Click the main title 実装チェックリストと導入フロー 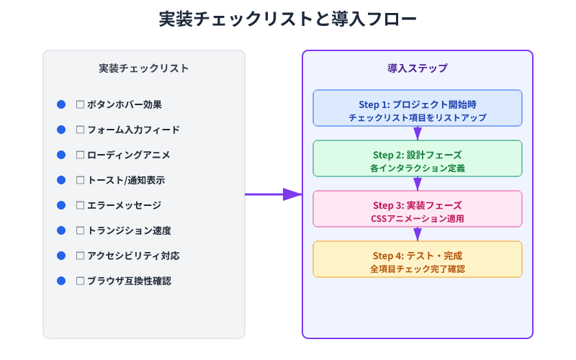click(288, 19)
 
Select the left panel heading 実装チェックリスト click(144, 68)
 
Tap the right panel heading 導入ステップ click(418, 68)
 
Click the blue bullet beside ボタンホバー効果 click(61, 104)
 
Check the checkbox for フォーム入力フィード click(81, 130)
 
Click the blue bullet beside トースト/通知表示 click(61, 180)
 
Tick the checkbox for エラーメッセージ click(81, 205)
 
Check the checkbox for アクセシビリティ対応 click(81, 256)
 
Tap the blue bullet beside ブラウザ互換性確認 click(61, 281)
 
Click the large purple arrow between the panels click(274, 194)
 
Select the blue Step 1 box click(418, 108)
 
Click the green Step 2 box click(418, 158)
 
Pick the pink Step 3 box click(418, 209)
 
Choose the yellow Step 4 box click(418, 259)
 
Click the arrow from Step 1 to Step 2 click(418, 133)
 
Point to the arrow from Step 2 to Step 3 click(418, 184)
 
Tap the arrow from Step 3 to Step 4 click(418, 234)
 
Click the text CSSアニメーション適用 click(418, 218)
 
